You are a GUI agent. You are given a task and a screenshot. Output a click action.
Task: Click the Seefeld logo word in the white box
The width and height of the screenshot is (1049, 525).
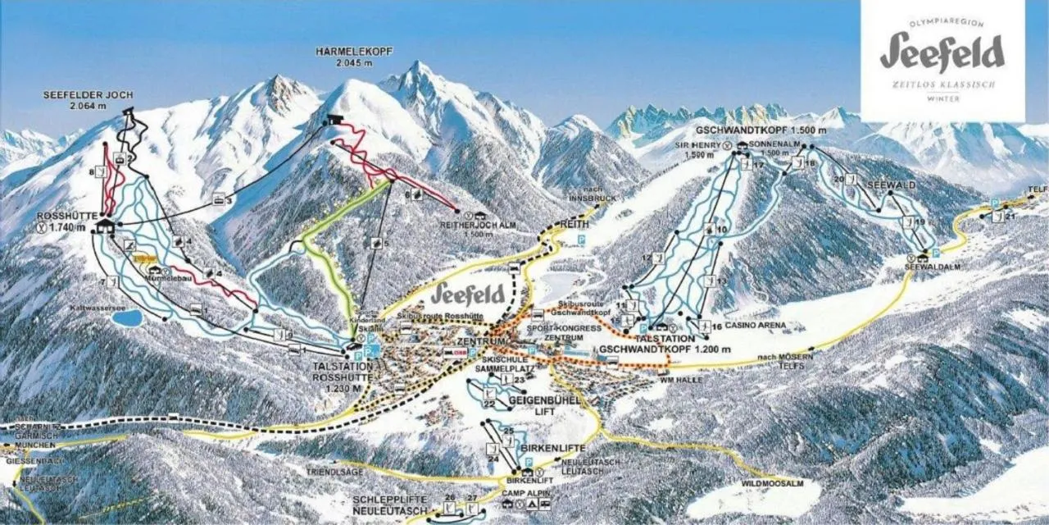tap(942, 52)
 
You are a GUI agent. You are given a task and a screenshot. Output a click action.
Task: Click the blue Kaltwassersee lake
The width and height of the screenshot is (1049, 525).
tap(126, 318)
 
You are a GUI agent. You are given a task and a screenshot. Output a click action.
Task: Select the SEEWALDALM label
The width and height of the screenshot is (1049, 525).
tap(931, 267)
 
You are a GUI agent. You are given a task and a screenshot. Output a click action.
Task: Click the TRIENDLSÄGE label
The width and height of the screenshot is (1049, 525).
tap(329, 473)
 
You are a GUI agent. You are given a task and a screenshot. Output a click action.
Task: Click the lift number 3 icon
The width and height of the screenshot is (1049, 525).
tap(220, 199)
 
